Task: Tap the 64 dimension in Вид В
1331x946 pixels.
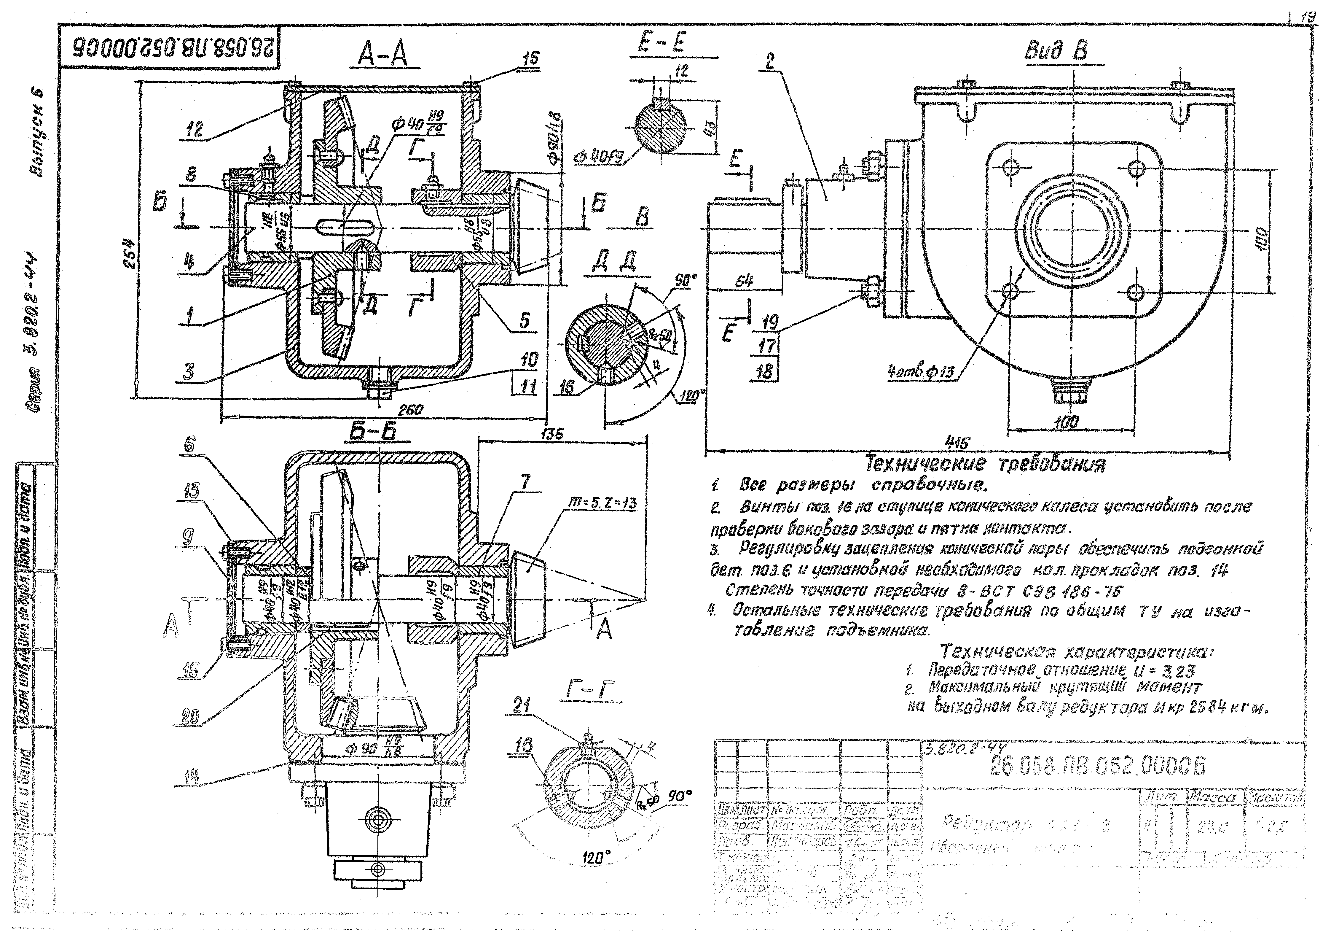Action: (744, 281)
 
